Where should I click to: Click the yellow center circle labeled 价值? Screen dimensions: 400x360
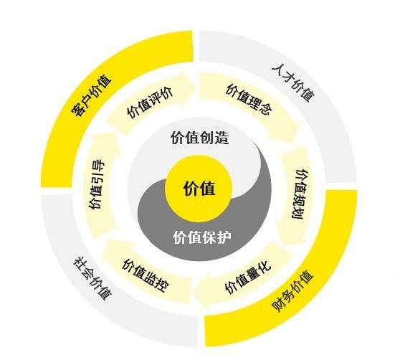tap(199, 189)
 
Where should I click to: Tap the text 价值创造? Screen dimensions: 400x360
tap(200, 138)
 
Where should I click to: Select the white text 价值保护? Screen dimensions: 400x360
tap(202, 237)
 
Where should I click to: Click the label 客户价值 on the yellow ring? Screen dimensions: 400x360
tap(92, 95)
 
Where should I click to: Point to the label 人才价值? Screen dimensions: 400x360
tap(293, 82)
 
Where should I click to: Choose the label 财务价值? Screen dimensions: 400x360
tap(292, 290)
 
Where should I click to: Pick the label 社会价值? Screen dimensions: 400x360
tap(93, 279)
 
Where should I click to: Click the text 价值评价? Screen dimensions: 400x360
tap(151, 103)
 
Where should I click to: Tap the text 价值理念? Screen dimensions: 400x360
tap(249, 100)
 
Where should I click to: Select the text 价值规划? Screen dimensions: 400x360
tap(300, 194)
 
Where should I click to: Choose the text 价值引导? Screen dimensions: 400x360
tap(97, 185)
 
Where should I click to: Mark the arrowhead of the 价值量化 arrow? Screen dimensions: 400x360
tap(201, 291)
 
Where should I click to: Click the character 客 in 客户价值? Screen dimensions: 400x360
tap(78, 109)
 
